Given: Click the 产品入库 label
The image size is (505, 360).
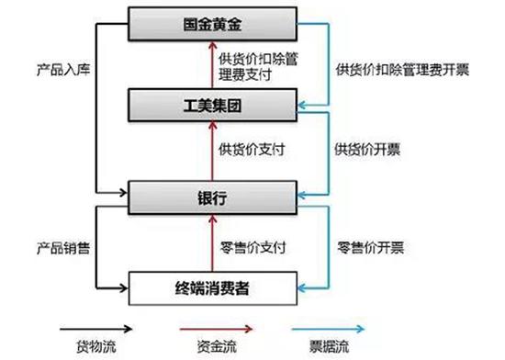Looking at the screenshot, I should coord(62,69).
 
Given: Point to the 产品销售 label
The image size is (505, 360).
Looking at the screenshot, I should coord(62,247).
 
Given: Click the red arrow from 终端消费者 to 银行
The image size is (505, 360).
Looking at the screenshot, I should coord(209,243).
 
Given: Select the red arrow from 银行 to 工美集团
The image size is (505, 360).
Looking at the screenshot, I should coord(209,148).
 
